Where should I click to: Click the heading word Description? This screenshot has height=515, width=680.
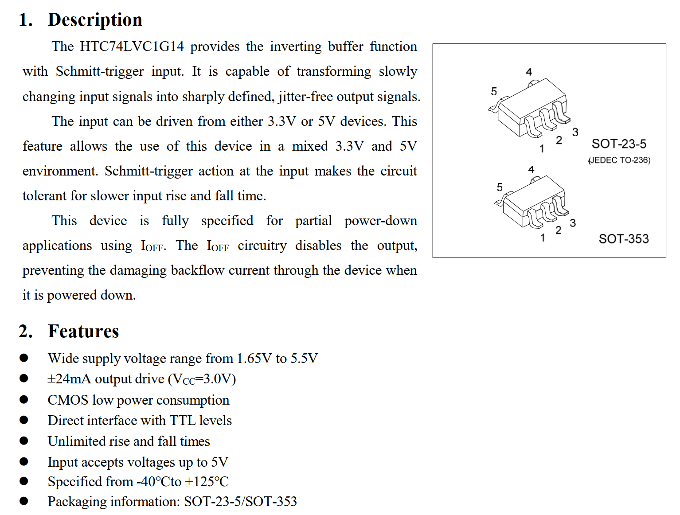[95, 20]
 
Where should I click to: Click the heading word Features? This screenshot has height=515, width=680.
[83, 332]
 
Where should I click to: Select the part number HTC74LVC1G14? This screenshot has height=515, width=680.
[132, 47]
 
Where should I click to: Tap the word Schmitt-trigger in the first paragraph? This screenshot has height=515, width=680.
[100, 71]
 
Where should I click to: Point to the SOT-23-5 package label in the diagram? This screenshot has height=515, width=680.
[619, 144]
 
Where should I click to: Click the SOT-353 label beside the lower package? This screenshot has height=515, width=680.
[624, 239]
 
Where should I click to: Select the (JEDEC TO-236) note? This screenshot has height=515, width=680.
[619, 160]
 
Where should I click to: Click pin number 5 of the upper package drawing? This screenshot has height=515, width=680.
[494, 92]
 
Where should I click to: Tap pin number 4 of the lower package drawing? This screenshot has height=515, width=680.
[531, 169]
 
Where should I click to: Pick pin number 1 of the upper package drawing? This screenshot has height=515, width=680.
[542, 149]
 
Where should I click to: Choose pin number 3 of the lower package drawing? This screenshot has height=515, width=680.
[573, 223]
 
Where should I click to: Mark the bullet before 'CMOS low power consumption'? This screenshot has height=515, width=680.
[24, 400]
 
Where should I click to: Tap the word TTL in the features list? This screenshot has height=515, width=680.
[183, 420]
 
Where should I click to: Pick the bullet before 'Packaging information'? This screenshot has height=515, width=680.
[24, 501]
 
